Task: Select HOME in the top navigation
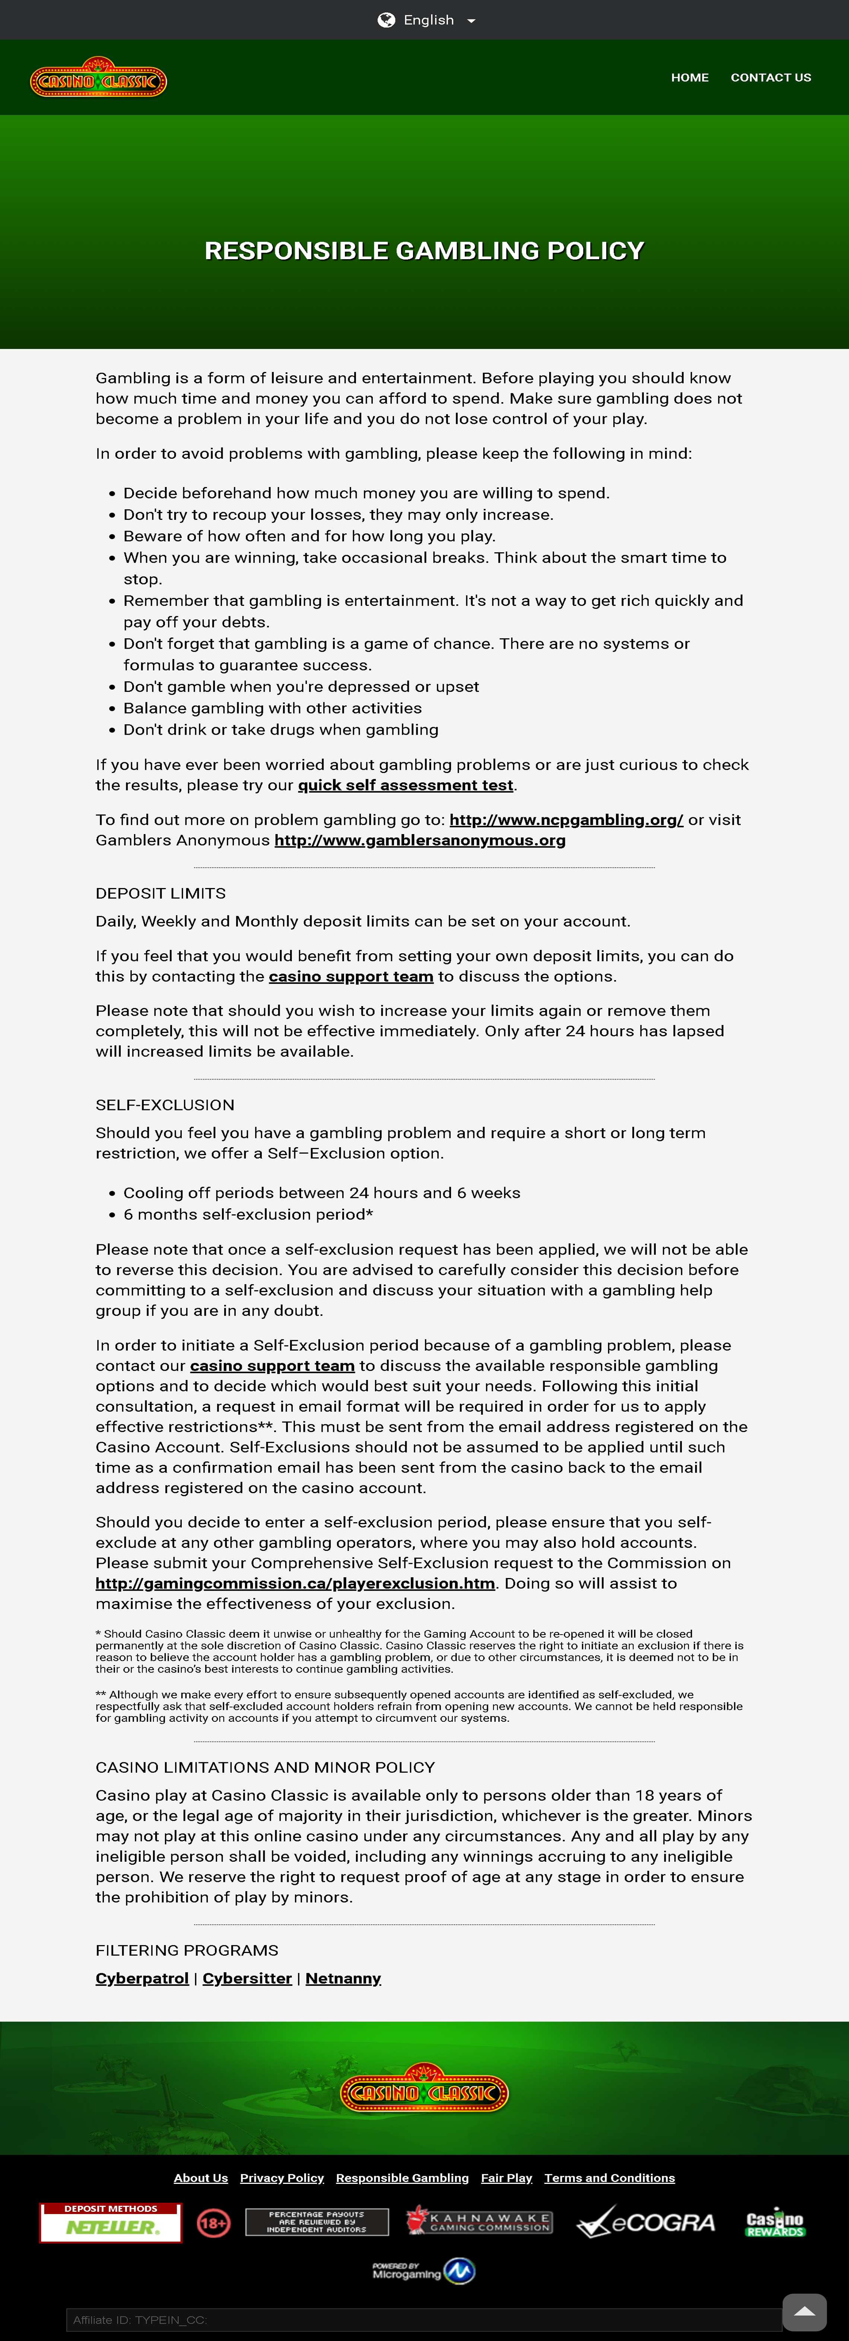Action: point(689,77)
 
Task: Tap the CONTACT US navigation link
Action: point(770,77)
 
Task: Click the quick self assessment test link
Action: point(406,785)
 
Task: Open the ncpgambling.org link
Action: point(565,820)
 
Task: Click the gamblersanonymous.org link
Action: point(420,841)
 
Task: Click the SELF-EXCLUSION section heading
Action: point(165,1105)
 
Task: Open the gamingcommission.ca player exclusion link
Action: point(295,1584)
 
